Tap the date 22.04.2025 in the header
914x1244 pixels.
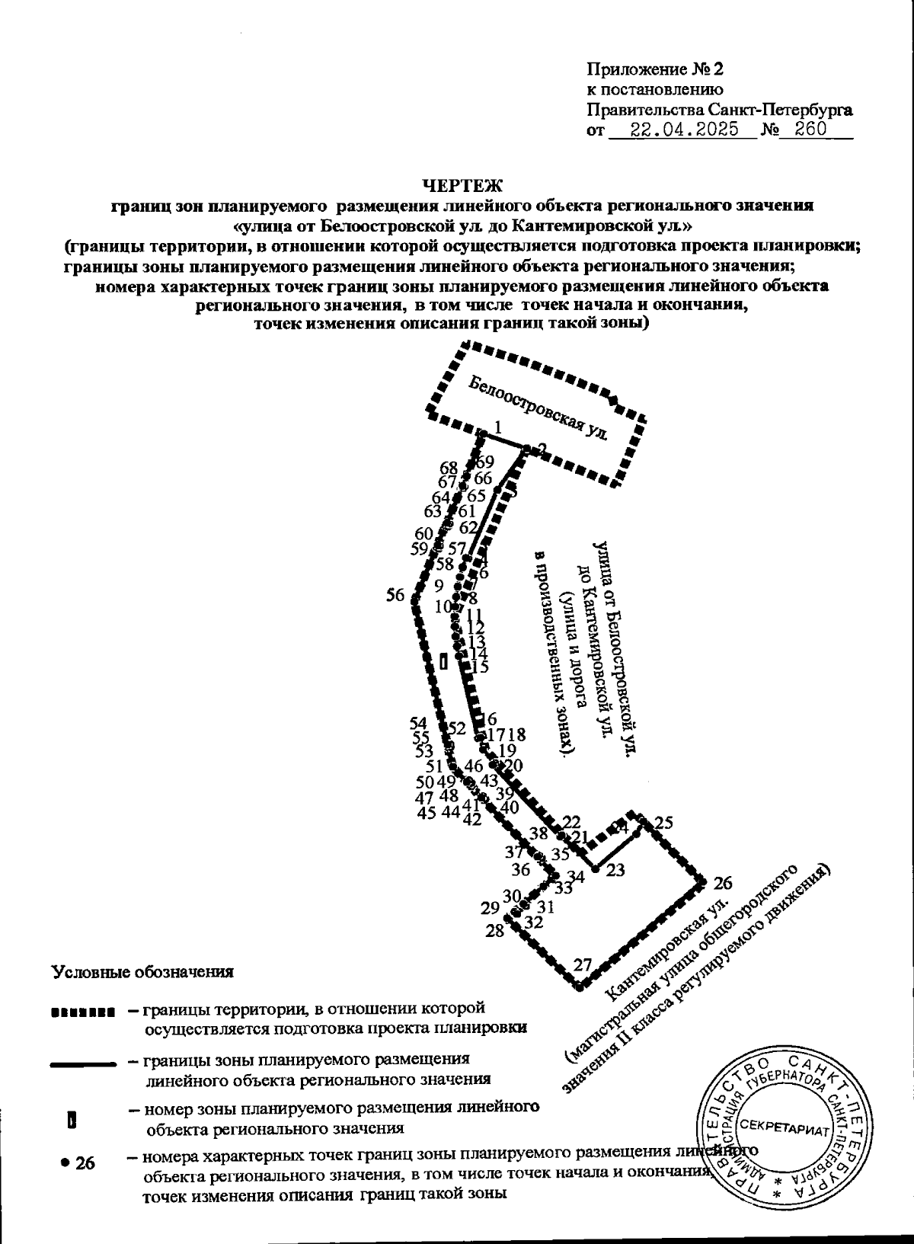pos(685,130)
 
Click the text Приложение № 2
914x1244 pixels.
pos(654,69)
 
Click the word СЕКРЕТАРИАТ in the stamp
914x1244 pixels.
pos(784,1125)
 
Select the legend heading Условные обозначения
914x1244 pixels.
pos(142,972)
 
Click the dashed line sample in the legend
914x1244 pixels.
pos(81,1013)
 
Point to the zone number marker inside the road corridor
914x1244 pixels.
pos(443,661)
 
